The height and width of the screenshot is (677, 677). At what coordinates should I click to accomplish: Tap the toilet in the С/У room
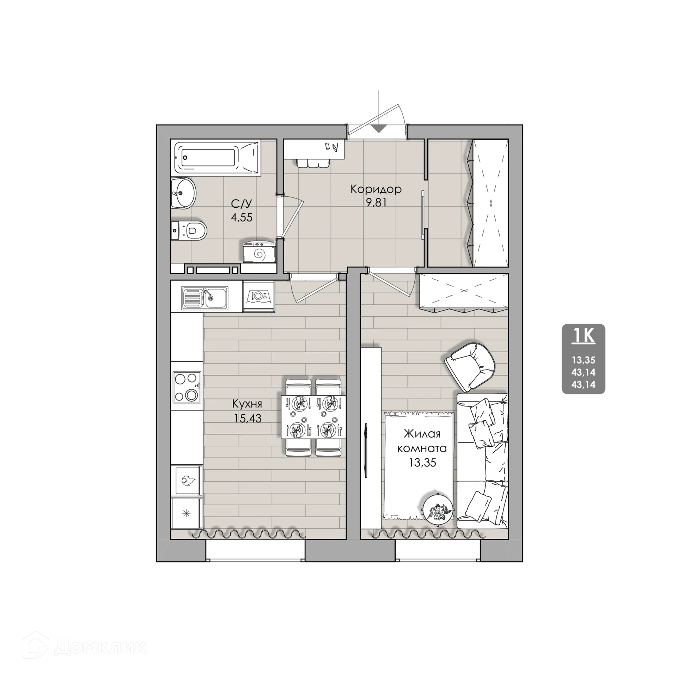pos(189,231)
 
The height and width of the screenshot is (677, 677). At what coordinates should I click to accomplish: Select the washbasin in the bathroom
pos(183,193)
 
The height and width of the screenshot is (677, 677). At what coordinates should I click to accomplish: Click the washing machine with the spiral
pos(259,251)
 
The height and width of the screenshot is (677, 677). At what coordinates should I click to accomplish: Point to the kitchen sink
pos(205,298)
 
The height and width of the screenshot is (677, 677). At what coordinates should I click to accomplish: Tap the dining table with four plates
pos(313,417)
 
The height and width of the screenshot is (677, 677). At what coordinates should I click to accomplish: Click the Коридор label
pos(376,189)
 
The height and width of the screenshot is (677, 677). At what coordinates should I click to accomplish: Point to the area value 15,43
pos(247,418)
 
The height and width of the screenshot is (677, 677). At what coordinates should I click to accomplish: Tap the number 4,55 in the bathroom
pos(242,217)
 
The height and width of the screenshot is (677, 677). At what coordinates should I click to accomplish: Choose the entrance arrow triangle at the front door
pos(379,129)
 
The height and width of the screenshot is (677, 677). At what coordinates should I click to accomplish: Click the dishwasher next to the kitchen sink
pos(258,296)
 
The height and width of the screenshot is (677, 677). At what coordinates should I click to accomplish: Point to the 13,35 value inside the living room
pos(422,463)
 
